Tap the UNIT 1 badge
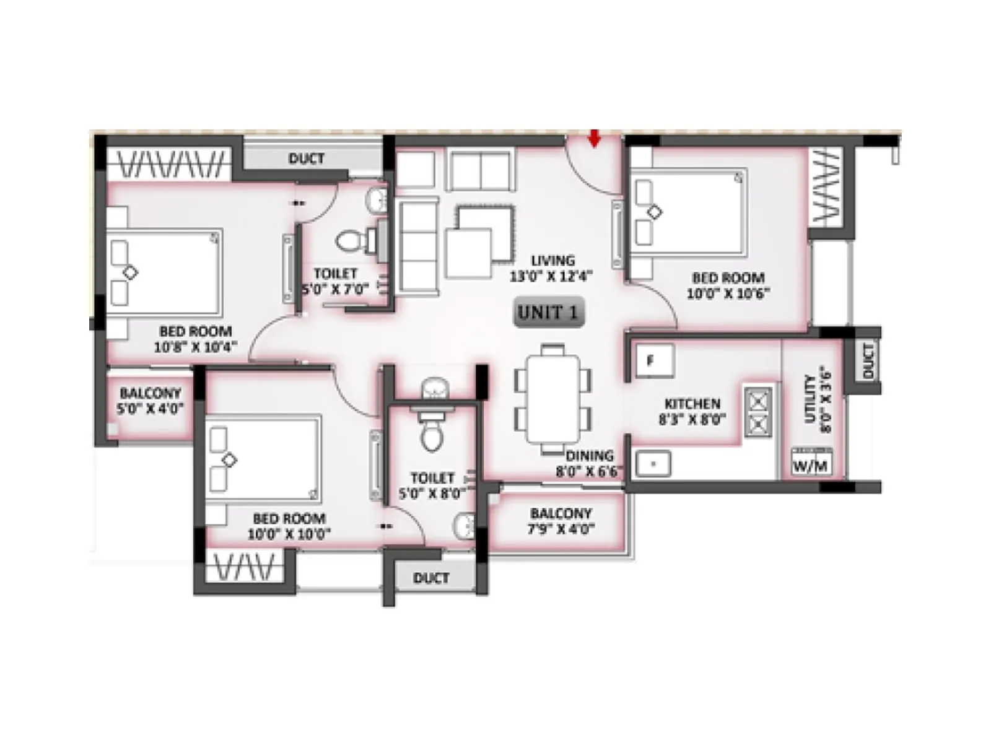coord(549,313)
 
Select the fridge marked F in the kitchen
coord(654,360)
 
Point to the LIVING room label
coord(552,261)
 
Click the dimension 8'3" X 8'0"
coord(692,420)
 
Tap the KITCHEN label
coord(692,404)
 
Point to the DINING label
coord(589,456)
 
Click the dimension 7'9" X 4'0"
coord(561,529)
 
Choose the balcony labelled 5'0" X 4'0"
coord(150,401)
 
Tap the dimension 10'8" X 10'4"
coord(195,347)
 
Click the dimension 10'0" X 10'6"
coord(728,293)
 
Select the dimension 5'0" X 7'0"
coord(335,289)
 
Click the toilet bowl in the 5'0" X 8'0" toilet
coord(432,435)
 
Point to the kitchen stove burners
coord(758,412)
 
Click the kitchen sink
coord(653,464)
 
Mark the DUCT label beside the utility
coord(867,361)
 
